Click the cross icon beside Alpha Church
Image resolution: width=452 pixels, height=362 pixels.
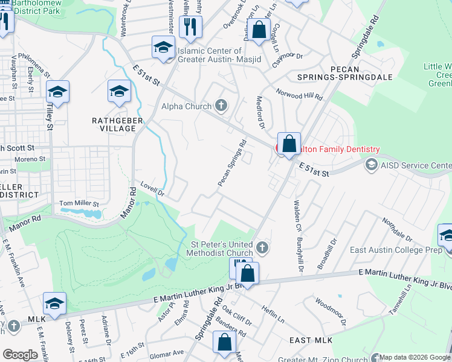[x=221, y=106]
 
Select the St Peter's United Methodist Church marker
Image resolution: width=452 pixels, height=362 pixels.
[x=262, y=247]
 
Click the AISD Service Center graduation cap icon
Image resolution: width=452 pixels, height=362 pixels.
[x=371, y=165]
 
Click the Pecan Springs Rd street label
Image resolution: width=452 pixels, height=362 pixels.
[x=233, y=163]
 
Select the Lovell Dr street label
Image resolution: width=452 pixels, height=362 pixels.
[x=153, y=189]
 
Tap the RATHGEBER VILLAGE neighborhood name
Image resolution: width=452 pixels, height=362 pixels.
[x=113, y=124]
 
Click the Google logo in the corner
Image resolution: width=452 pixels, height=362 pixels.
[x=20, y=355]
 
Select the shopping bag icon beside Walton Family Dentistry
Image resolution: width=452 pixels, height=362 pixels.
[x=289, y=144]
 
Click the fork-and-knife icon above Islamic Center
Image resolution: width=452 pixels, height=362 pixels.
[x=191, y=26]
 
